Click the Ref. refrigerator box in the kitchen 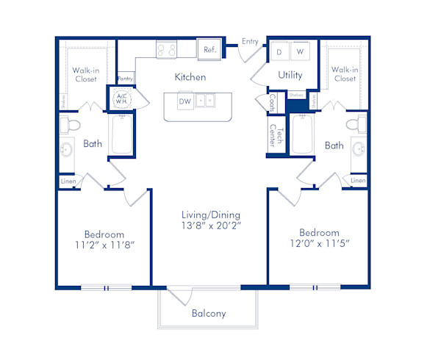pos(209,50)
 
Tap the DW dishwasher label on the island pos(184,101)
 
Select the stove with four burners pos(166,50)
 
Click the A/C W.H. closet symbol pos(121,98)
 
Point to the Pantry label pos(125,77)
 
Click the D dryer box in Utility pos(280,51)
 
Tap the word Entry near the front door pos(250,42)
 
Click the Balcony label pos(209,314)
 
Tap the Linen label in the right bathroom pos(358,180)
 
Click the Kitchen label pos(190,77)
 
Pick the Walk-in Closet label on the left pos(85,74)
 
